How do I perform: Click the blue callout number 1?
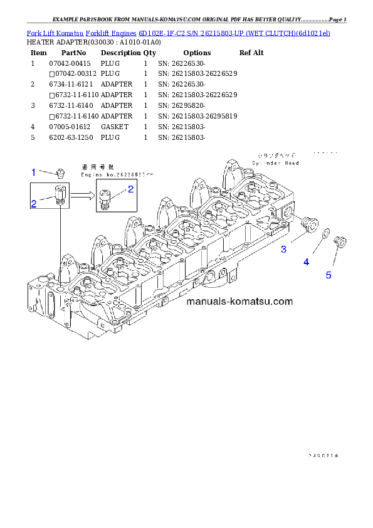pos(34,171)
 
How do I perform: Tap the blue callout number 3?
pos(283,250)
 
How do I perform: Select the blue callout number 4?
pos(306,262)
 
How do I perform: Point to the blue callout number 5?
pos(328,275)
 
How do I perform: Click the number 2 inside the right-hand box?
pos(130,189)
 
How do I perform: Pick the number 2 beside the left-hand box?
pos(34,203)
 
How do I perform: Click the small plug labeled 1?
pos(61,172)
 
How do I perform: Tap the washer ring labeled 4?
pos(327,235)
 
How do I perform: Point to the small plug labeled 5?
pos(341,241)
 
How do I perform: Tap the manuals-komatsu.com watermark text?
pos(239,301)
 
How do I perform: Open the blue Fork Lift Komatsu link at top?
pos(179,32)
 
